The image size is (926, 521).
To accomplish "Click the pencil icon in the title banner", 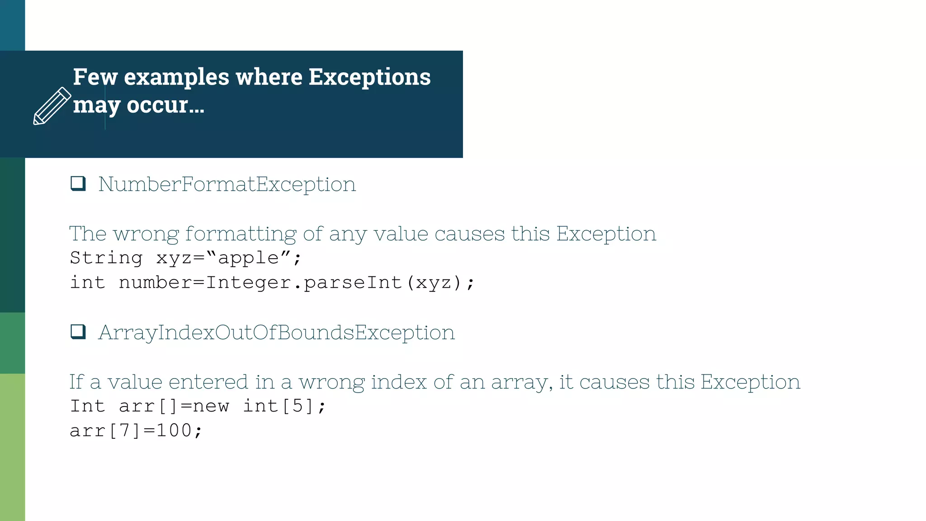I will (52, 106).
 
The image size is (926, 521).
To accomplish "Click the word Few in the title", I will (95, 77).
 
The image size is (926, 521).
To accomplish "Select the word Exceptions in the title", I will (369, 77).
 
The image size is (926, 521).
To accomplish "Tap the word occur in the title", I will (157, 105).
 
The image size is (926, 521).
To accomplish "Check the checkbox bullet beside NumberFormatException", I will (78, 184).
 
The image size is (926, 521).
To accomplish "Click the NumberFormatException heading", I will (227, 185).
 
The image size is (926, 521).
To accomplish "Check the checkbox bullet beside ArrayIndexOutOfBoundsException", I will (78, 332).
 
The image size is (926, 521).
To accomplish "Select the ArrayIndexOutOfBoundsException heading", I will (276, 333).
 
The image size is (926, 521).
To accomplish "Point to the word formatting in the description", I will (241, 234).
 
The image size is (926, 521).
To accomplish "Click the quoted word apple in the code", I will (248, 258).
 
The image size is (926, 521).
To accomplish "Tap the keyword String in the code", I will (106, 258).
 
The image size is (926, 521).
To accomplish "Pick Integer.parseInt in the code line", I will (304, 283).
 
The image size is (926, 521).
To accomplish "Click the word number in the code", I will (155, 283).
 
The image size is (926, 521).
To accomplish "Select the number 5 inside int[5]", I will (297, 406).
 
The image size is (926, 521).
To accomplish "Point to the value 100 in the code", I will (174, 431).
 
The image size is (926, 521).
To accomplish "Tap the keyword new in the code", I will (211, 406).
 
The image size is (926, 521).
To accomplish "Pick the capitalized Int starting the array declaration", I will (88, 406).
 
